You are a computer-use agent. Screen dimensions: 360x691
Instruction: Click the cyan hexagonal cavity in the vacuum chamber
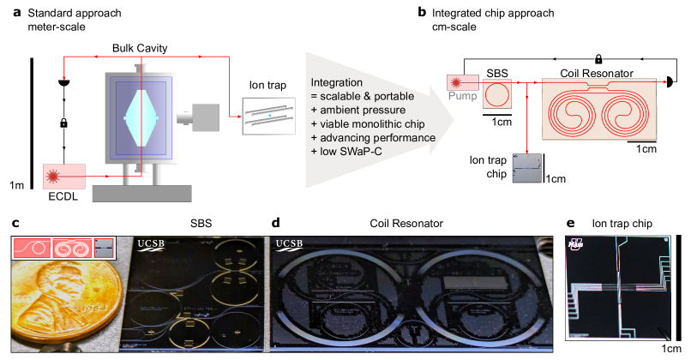pyautogui.click(x=137, y=119)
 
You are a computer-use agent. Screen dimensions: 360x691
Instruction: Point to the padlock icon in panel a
pyautogui.click(x=65, y=125)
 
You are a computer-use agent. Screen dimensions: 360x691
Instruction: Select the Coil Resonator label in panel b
pyautogui.click(x=592, y=71)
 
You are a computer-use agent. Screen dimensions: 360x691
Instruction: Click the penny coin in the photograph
pyautogui.click(x=60, y=309)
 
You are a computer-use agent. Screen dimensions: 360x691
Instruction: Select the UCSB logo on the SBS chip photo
pyautogui.click(x=155, y=245)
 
